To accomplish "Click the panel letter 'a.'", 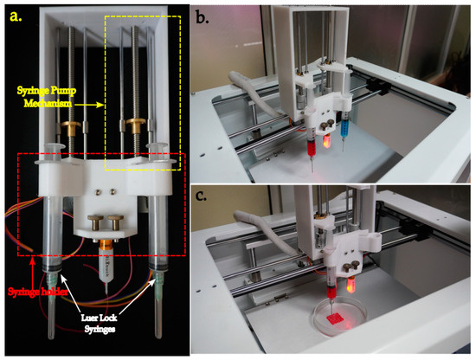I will point(18,16).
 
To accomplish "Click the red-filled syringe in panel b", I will point(310,136).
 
